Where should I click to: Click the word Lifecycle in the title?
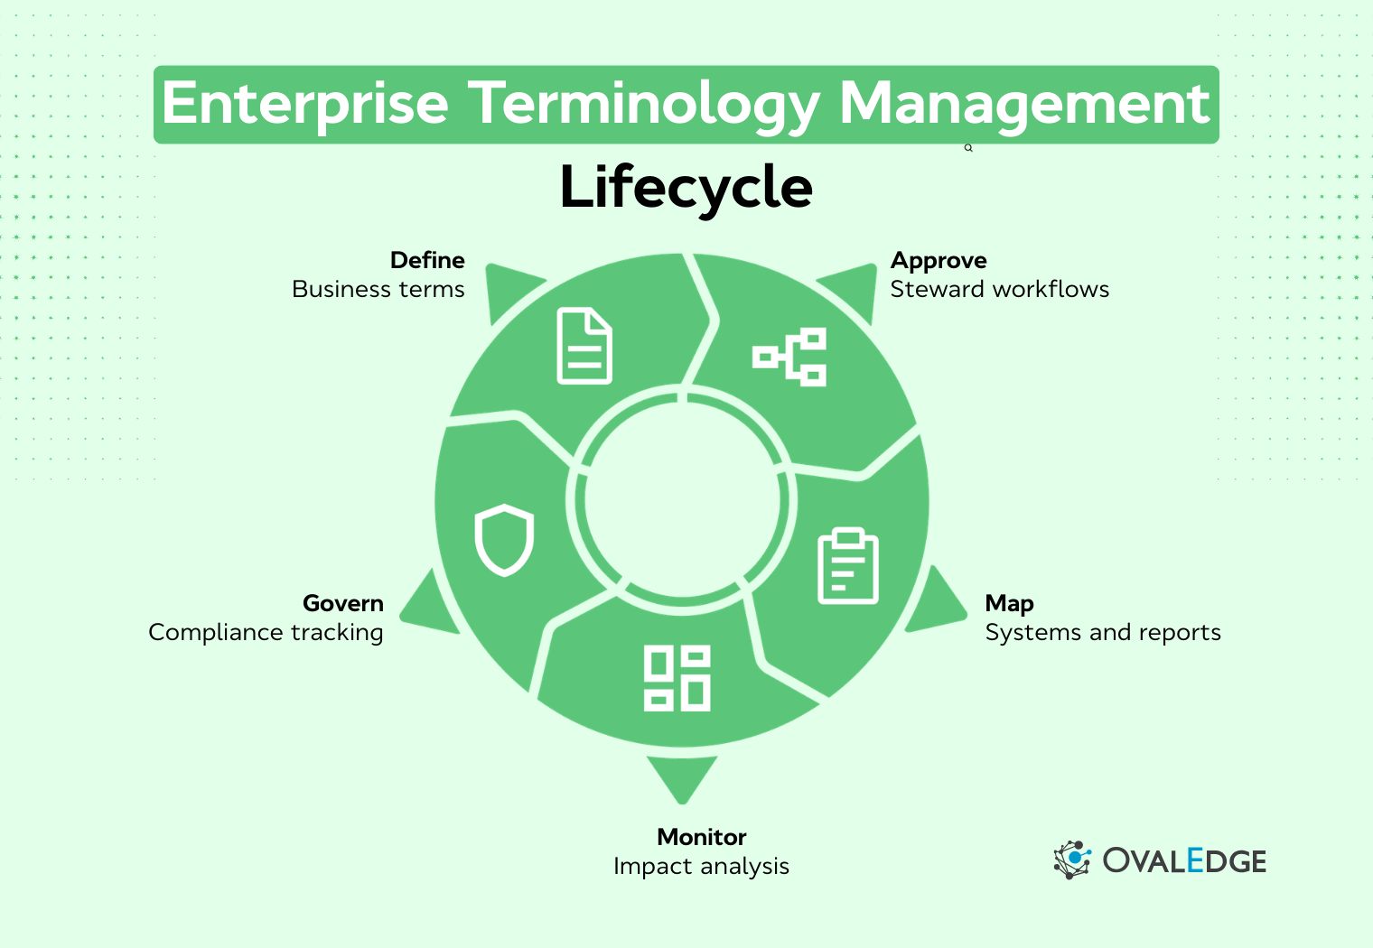[x=686, y=187]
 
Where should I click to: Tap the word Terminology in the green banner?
[x=645, y=104]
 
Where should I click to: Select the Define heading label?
[x=427, y=260]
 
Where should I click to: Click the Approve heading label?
[x=939, y=260]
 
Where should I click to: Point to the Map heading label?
[x=1009, y=603]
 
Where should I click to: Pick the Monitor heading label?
[x=702, y=837]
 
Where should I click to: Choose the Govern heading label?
[x=343, y=603]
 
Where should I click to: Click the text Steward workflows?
[x=999, y=289]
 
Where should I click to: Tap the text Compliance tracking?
[x=266, y=632]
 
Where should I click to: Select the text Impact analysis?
[x=701, y=866]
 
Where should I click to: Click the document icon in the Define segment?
[x=584, y=346]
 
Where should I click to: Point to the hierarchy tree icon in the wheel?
[x=789, y=357]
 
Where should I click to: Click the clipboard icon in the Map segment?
[x=847, y=566]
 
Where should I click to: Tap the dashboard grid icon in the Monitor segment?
[x=677, y=677]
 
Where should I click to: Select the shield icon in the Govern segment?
[x=504, y=539]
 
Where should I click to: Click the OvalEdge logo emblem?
[x=1072, y=860]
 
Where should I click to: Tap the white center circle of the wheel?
[x=682, y=501]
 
